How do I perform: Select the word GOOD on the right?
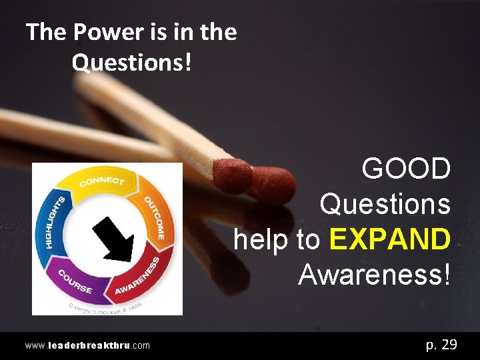pos(406,169)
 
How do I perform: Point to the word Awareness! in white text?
pos(374,274)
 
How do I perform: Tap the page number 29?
pos(449,345)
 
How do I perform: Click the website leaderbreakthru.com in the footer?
pos(87,345)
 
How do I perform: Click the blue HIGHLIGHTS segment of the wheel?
pos(54,221)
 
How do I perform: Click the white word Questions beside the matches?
pos(385,204)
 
